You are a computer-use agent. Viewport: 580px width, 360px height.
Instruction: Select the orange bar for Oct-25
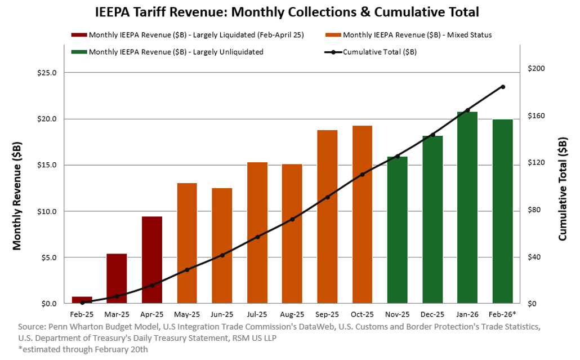point(362,214)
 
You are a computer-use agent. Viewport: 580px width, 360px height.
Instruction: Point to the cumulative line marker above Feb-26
point(503,87)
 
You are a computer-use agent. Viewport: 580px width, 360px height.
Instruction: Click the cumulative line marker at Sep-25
point(327,197)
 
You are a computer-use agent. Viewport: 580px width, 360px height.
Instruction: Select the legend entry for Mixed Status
point(417,35)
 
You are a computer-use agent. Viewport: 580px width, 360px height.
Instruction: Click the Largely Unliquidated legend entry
point(176,52)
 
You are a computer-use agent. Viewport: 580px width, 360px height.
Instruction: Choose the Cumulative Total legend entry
point(379,52)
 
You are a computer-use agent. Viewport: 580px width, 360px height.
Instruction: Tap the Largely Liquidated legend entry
point(196,35)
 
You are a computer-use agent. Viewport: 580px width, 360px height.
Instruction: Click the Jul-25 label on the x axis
point(257,314)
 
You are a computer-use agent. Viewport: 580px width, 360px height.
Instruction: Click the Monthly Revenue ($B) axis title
point(17,195)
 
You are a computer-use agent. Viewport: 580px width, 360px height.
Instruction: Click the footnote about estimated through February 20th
point(83,349)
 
